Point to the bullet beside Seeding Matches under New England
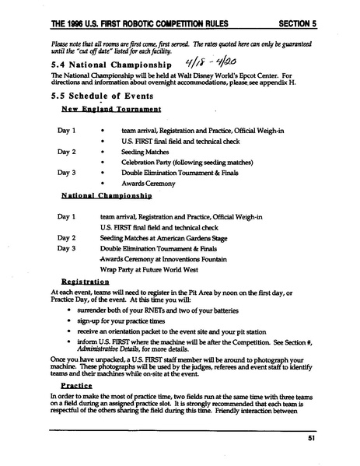(x=103, y=152)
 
